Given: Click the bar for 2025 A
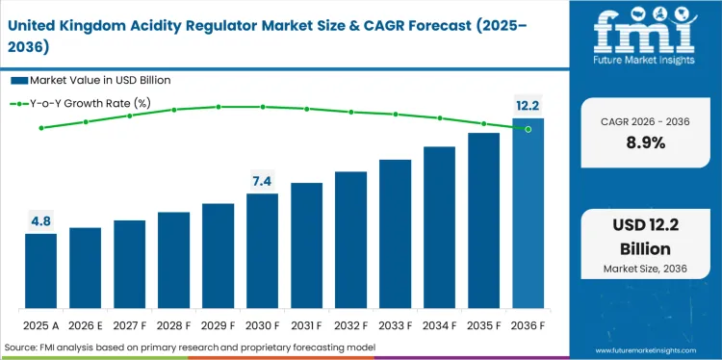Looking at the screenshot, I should (40, 270).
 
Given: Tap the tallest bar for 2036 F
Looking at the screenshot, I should (528, 213).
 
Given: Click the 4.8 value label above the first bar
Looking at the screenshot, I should (40, 221).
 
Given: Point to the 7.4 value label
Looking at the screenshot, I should (262, 181).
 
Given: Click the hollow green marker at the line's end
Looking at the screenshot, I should (528, 129).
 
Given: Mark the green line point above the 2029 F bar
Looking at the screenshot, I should (218, 107).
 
